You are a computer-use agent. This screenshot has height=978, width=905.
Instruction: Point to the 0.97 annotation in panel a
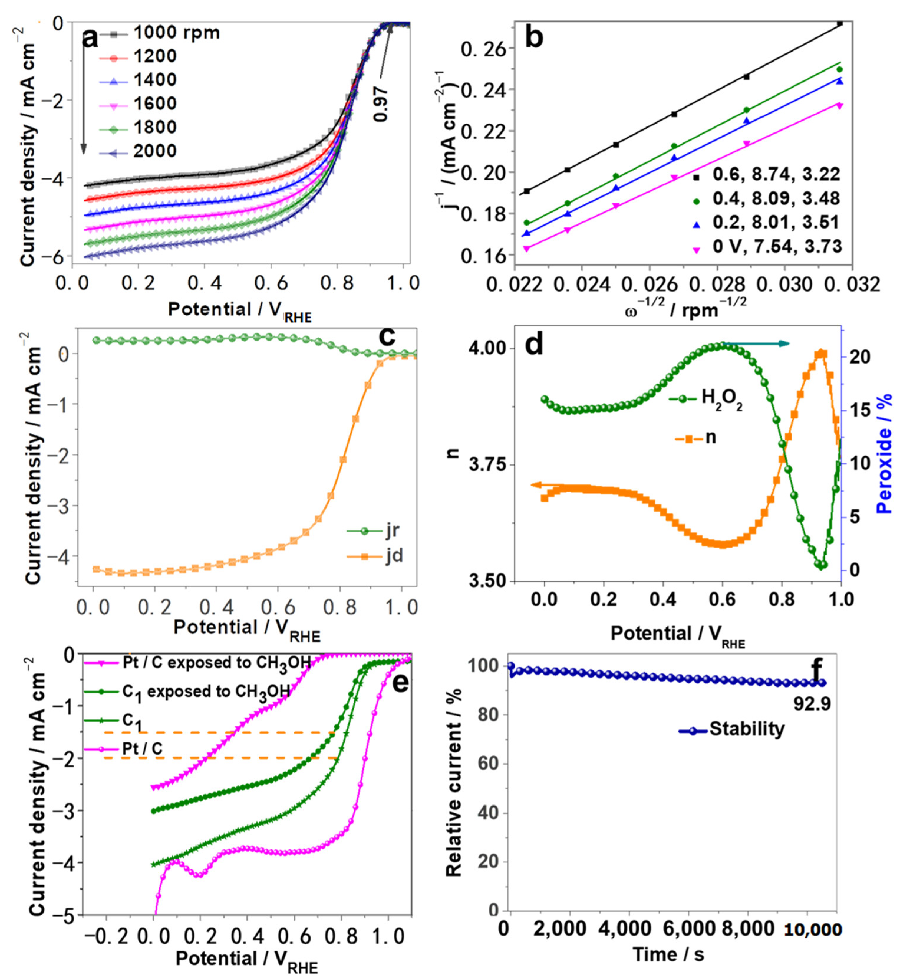pyautogui.click(x=380, y=104)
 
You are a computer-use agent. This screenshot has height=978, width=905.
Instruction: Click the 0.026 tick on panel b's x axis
pyautogui.click(x=650, y=284)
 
